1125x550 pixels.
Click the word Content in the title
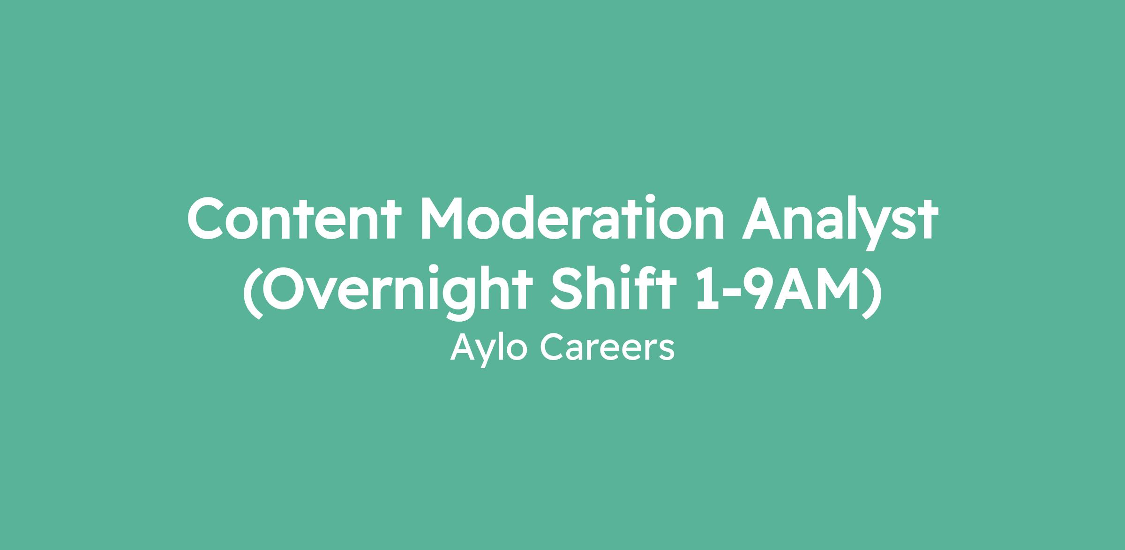click(x=295, y=218)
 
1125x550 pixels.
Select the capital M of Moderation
click(x=444, y=218)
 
